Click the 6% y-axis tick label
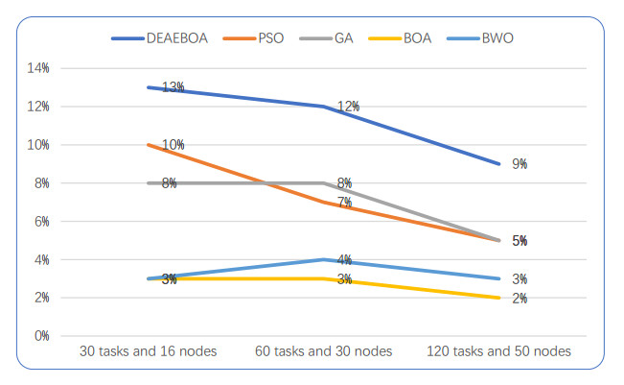point(40,221)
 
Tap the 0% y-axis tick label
point(40,336)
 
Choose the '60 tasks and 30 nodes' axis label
point(325,352)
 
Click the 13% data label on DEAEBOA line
point(173,87)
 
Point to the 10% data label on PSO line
point(173,145)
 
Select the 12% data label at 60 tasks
point(348,107)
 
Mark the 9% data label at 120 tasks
point(520,164)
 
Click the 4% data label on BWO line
point(345,260)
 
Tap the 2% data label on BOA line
point(520,299)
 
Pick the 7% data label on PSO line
point(345,203)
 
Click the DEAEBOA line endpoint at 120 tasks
point(499,163)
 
